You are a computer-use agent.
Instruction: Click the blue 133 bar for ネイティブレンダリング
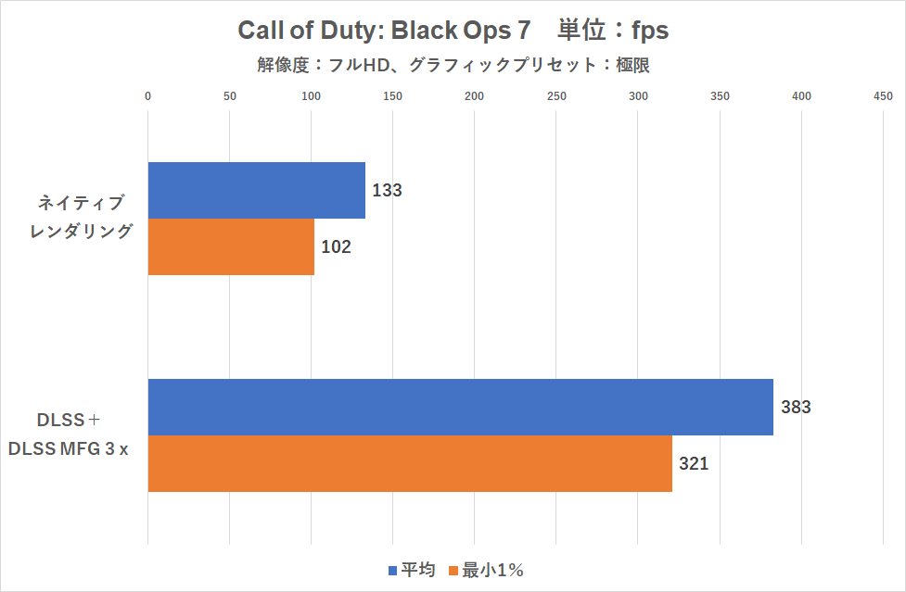(x=257, y=190)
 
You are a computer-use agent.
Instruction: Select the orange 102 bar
(x=231, y=246)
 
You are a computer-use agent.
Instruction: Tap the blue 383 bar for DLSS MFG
(x=461, y=407)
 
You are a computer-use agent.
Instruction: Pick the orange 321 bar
(x=410, y=463)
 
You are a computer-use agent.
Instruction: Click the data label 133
(x=387, y=191)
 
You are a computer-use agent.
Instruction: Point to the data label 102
(x=336, y=247)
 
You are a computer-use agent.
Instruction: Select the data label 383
(x=796, y=408)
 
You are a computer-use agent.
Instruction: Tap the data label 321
(x=694, y=464)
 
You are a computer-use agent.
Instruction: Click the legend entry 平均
(x=411, y=570)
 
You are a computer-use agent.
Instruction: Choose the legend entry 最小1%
(x=487, y=570)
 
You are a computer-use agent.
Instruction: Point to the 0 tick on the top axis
(x=148, y=95)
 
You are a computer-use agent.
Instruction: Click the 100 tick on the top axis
(x=312, y=95)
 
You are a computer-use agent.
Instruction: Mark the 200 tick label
(x=475, y=95)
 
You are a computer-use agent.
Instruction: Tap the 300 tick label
(x=638, y=95)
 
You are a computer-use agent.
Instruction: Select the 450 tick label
(x=883, y=95)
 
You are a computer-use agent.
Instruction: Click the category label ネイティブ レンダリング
(x=81, y=217)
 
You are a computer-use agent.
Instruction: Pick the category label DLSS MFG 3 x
(x=68, y=434)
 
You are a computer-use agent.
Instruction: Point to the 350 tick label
(x=720, y=95)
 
